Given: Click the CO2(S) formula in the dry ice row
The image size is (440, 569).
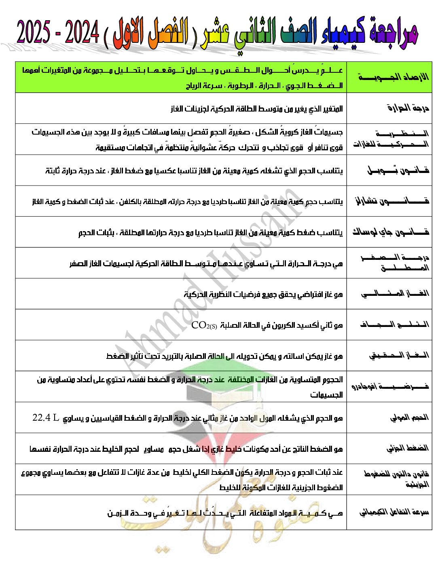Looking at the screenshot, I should [204, 325].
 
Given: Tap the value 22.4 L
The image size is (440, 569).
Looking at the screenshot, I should [46, 417].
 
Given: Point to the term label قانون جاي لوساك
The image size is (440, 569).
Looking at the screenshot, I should [390, 232].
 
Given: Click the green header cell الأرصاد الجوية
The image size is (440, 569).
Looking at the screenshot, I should [393, 77].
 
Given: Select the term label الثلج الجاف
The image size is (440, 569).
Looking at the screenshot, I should [394, 325].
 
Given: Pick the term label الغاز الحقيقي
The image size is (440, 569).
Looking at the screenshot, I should [398, 356].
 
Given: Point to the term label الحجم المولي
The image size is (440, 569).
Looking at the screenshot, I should [409, 417].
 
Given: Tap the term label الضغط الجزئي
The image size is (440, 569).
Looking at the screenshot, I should [407, 448].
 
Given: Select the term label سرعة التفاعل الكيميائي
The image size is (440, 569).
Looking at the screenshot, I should [394, 512].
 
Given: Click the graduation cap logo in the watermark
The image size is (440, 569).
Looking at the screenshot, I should [202, 384].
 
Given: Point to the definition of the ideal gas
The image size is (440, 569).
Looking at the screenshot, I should [263, 294].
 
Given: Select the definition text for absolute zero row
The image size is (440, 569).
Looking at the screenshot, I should [206, 263].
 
